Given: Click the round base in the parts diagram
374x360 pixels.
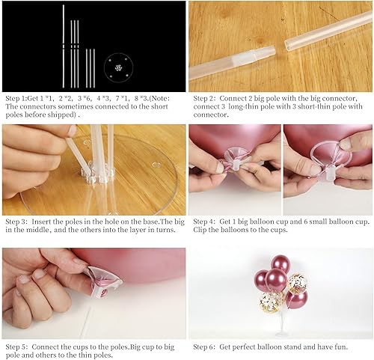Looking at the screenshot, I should point(116,65).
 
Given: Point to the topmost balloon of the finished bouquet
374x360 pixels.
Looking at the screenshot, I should point(280,263).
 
